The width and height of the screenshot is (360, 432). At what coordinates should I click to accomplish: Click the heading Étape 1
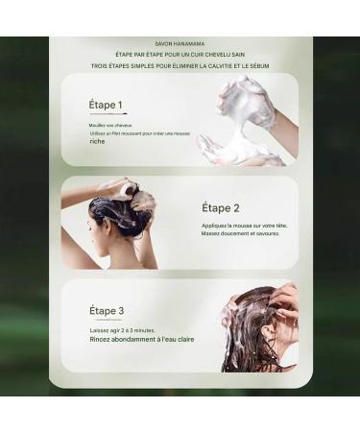106,105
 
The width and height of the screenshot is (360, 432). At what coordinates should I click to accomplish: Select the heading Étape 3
106,310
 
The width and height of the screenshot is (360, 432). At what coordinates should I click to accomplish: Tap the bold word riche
97,142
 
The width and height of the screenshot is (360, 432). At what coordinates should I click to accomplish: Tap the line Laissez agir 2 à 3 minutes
122,329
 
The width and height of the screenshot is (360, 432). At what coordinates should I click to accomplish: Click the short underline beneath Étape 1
97,115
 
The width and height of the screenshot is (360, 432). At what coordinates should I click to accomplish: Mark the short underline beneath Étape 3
97,321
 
